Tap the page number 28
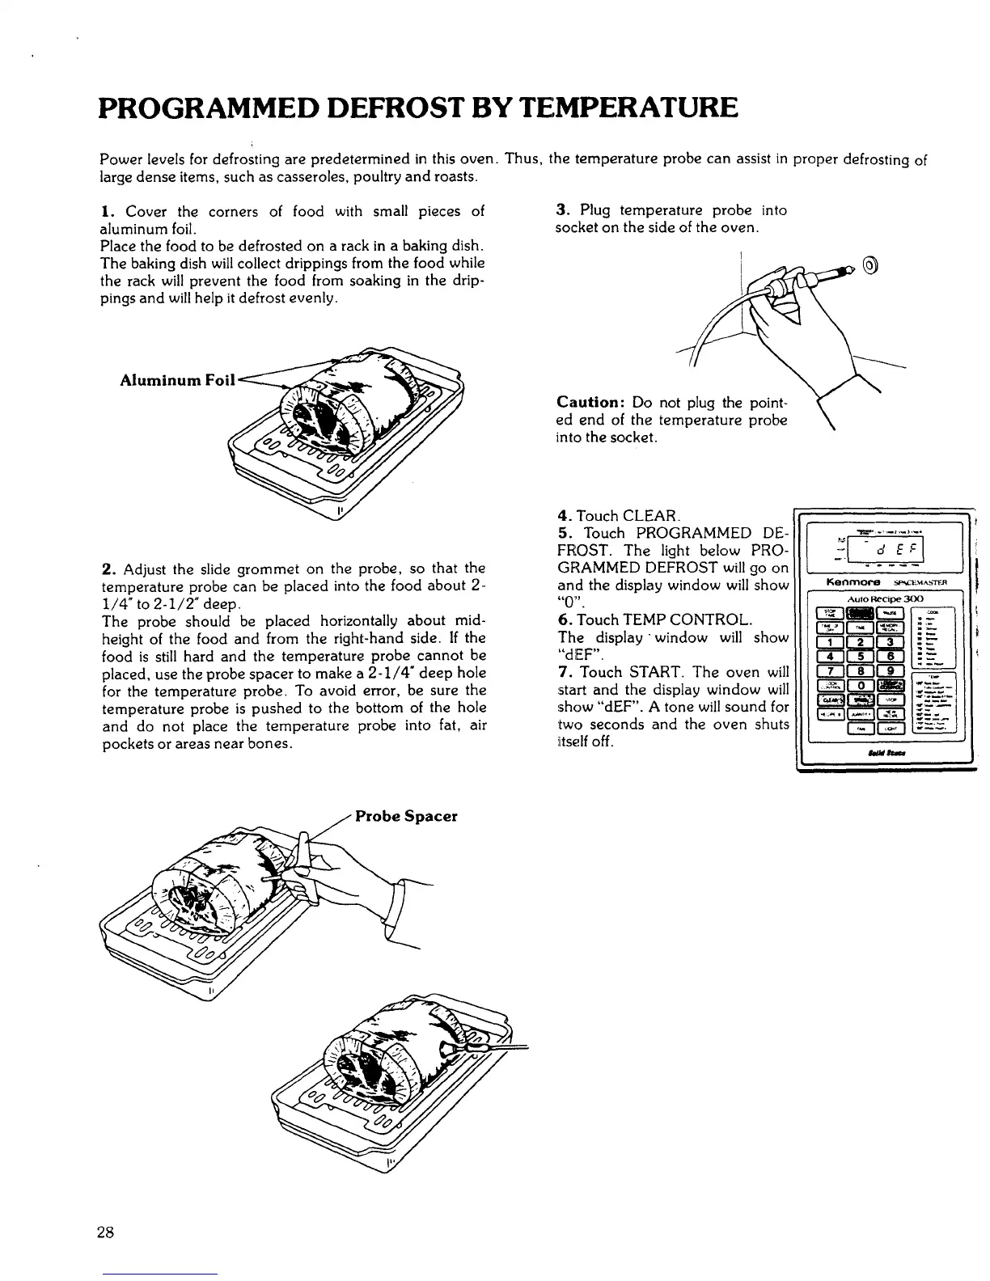tap(105, 1232)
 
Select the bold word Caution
tap(587, 403)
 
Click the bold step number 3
tap(560, 211)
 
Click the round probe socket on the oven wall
tap(869, 265)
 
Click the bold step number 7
tap(561, 672)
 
